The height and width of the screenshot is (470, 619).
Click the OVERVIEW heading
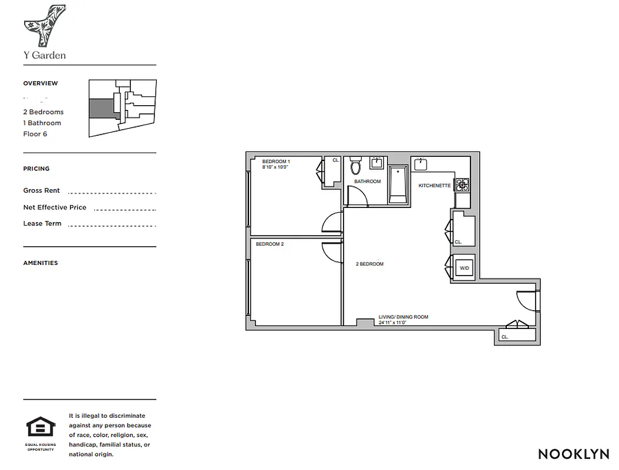[x=41, y=83]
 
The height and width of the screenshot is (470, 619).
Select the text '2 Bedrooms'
[x=43, y=112]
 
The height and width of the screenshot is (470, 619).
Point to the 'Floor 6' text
[x=35, y=134]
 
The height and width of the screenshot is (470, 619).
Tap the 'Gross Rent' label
[x=42, y=191]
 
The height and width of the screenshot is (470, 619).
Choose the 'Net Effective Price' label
[x=55, y=207]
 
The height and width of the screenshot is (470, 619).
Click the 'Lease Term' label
[x=42, y=224]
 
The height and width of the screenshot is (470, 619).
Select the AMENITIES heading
[x=41, y=263]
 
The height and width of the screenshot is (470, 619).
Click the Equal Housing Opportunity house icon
[x=41, y=427]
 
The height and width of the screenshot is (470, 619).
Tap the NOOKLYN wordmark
[x=574, y=454]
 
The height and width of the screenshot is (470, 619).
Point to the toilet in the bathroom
[x=355, y=167]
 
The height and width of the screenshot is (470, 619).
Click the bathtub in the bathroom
[x=398, y=185]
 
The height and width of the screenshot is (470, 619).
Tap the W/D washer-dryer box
[x=465, y=268]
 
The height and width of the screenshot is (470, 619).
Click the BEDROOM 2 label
[x=270, y=244]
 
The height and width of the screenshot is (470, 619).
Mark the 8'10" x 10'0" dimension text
[x=275, y=167]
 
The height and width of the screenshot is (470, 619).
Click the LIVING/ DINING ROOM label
[x=403, y=317]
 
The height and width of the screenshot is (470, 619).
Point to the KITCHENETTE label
[x=434, y=186]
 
